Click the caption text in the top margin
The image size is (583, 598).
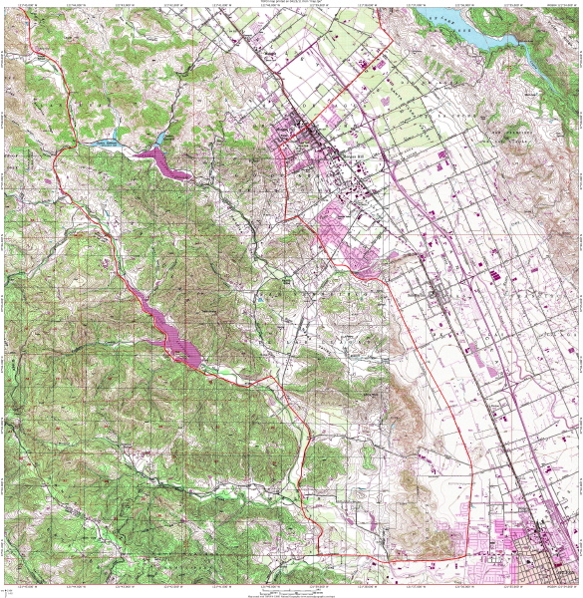pos(291,3)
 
